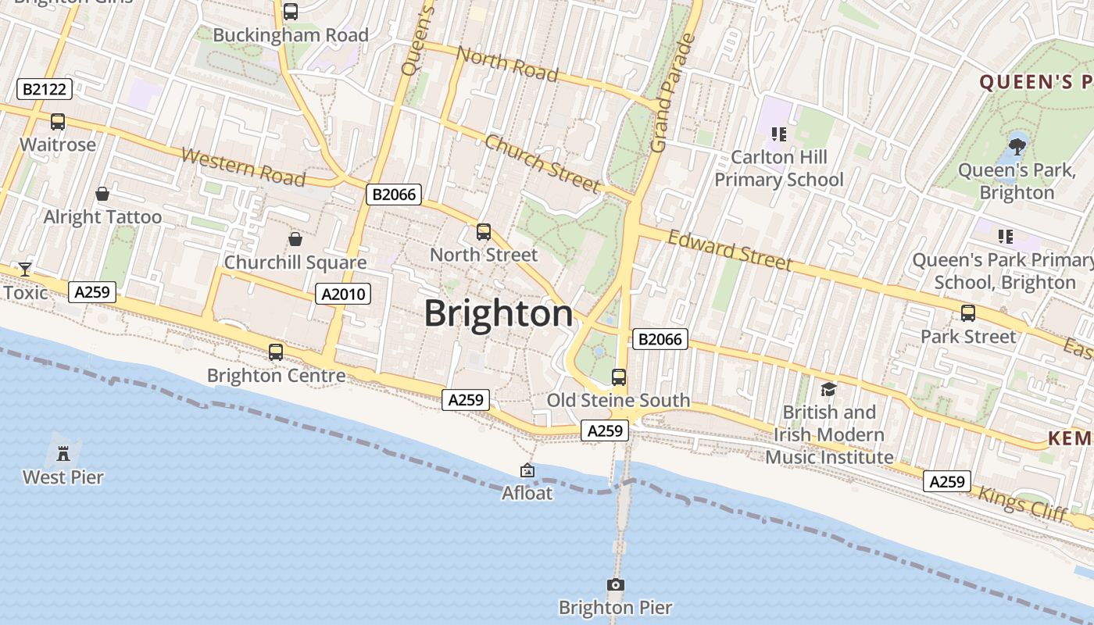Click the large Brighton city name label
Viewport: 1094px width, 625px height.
(499, 314)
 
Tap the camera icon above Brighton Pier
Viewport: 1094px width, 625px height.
(616, 584)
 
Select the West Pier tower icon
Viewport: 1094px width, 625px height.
(63, 451)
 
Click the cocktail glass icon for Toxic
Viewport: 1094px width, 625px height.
(25, 270)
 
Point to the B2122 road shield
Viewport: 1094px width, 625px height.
(45, 89)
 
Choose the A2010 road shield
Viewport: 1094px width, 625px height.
(343, 294)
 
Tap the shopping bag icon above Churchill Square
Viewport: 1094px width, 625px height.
(295, 239)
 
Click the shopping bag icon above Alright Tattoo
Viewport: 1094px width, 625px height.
(102, 194)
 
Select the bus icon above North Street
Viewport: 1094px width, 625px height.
(484, 231)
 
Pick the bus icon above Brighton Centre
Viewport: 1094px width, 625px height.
(276, 352)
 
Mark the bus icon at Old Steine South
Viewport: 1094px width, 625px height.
(619, 377)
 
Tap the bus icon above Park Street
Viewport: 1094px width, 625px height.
(968, 313)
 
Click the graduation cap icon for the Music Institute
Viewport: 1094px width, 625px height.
(828, 389)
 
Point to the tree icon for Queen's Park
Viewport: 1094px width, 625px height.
(1017, 145)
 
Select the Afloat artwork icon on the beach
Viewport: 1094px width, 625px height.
(527, 470)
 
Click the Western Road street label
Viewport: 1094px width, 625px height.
(243, 166)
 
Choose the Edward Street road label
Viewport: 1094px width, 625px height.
(730, 249)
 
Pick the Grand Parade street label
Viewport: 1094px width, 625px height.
(670, 94)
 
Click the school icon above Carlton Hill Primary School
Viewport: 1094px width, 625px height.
(778, 134)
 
